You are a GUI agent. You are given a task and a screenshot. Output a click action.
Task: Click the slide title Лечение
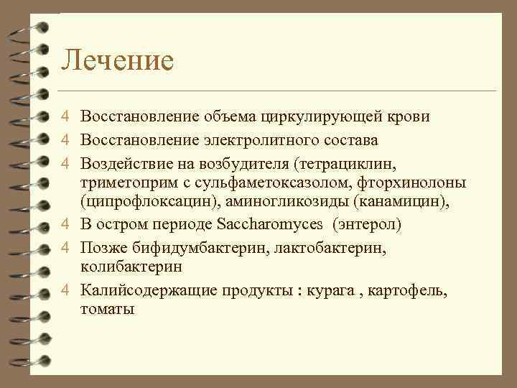[x=117, y=60]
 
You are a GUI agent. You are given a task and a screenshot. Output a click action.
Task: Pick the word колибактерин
[x=131, y=266]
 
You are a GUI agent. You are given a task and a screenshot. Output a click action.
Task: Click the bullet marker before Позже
[x=65, y=247]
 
